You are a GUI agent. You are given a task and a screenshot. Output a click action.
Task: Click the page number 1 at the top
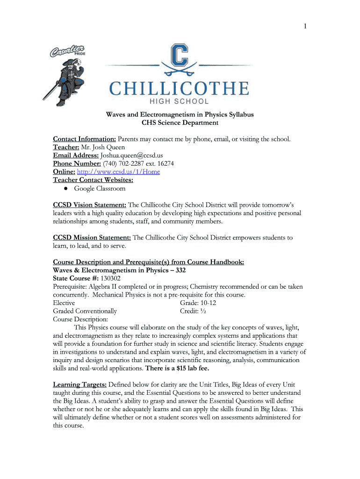[x=304, y=27]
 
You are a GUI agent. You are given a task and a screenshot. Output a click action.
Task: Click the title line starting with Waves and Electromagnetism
[x=180, y=115]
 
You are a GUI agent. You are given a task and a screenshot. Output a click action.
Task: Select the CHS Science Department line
[x=180, y=123]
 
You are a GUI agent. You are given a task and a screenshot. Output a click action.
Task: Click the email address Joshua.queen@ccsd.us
[x=131, y=155]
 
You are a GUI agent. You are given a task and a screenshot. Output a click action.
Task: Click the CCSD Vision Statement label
[x=90, y=205]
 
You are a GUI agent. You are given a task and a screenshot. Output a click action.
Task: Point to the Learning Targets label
[x=79, y=385]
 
